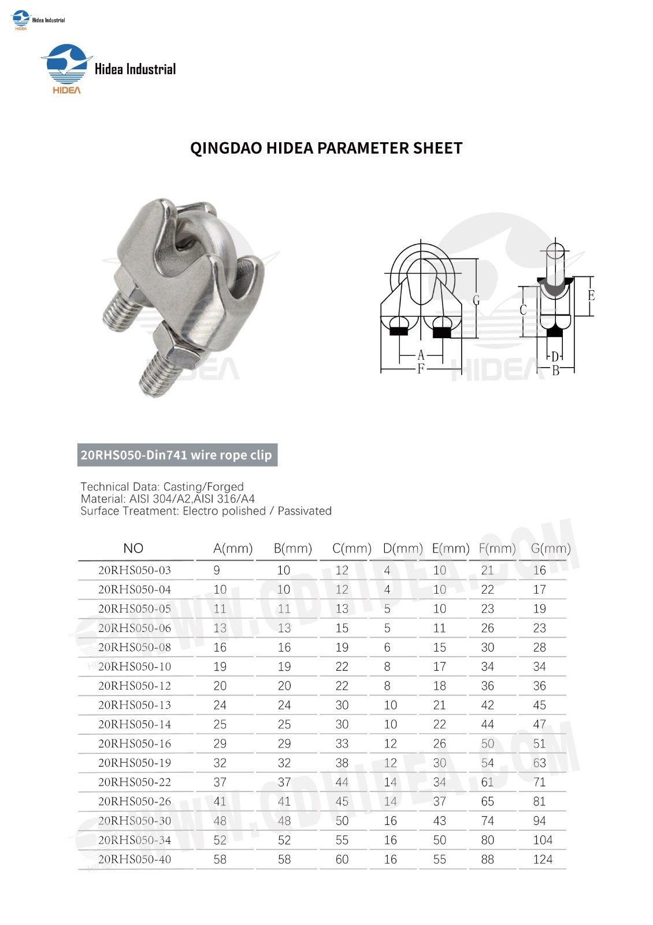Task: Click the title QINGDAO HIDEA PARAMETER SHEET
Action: (326, 149)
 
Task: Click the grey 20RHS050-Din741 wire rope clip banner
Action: (177, 455)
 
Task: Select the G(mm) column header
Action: (550, 548)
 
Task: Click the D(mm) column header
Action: (403, 548)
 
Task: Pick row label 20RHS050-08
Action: (135, 647)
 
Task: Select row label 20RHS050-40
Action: (135, 859)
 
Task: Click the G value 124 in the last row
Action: (543, 859)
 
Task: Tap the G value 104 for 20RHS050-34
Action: (543, 840)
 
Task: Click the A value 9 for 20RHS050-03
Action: (217, 570)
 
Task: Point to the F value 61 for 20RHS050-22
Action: (488, 782)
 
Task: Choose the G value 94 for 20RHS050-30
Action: (540, 821)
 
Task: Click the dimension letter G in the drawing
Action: (476, 300)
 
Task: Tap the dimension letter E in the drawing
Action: (591, 295)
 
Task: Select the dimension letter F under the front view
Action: (421, 369)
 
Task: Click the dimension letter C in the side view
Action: (523, 310)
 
